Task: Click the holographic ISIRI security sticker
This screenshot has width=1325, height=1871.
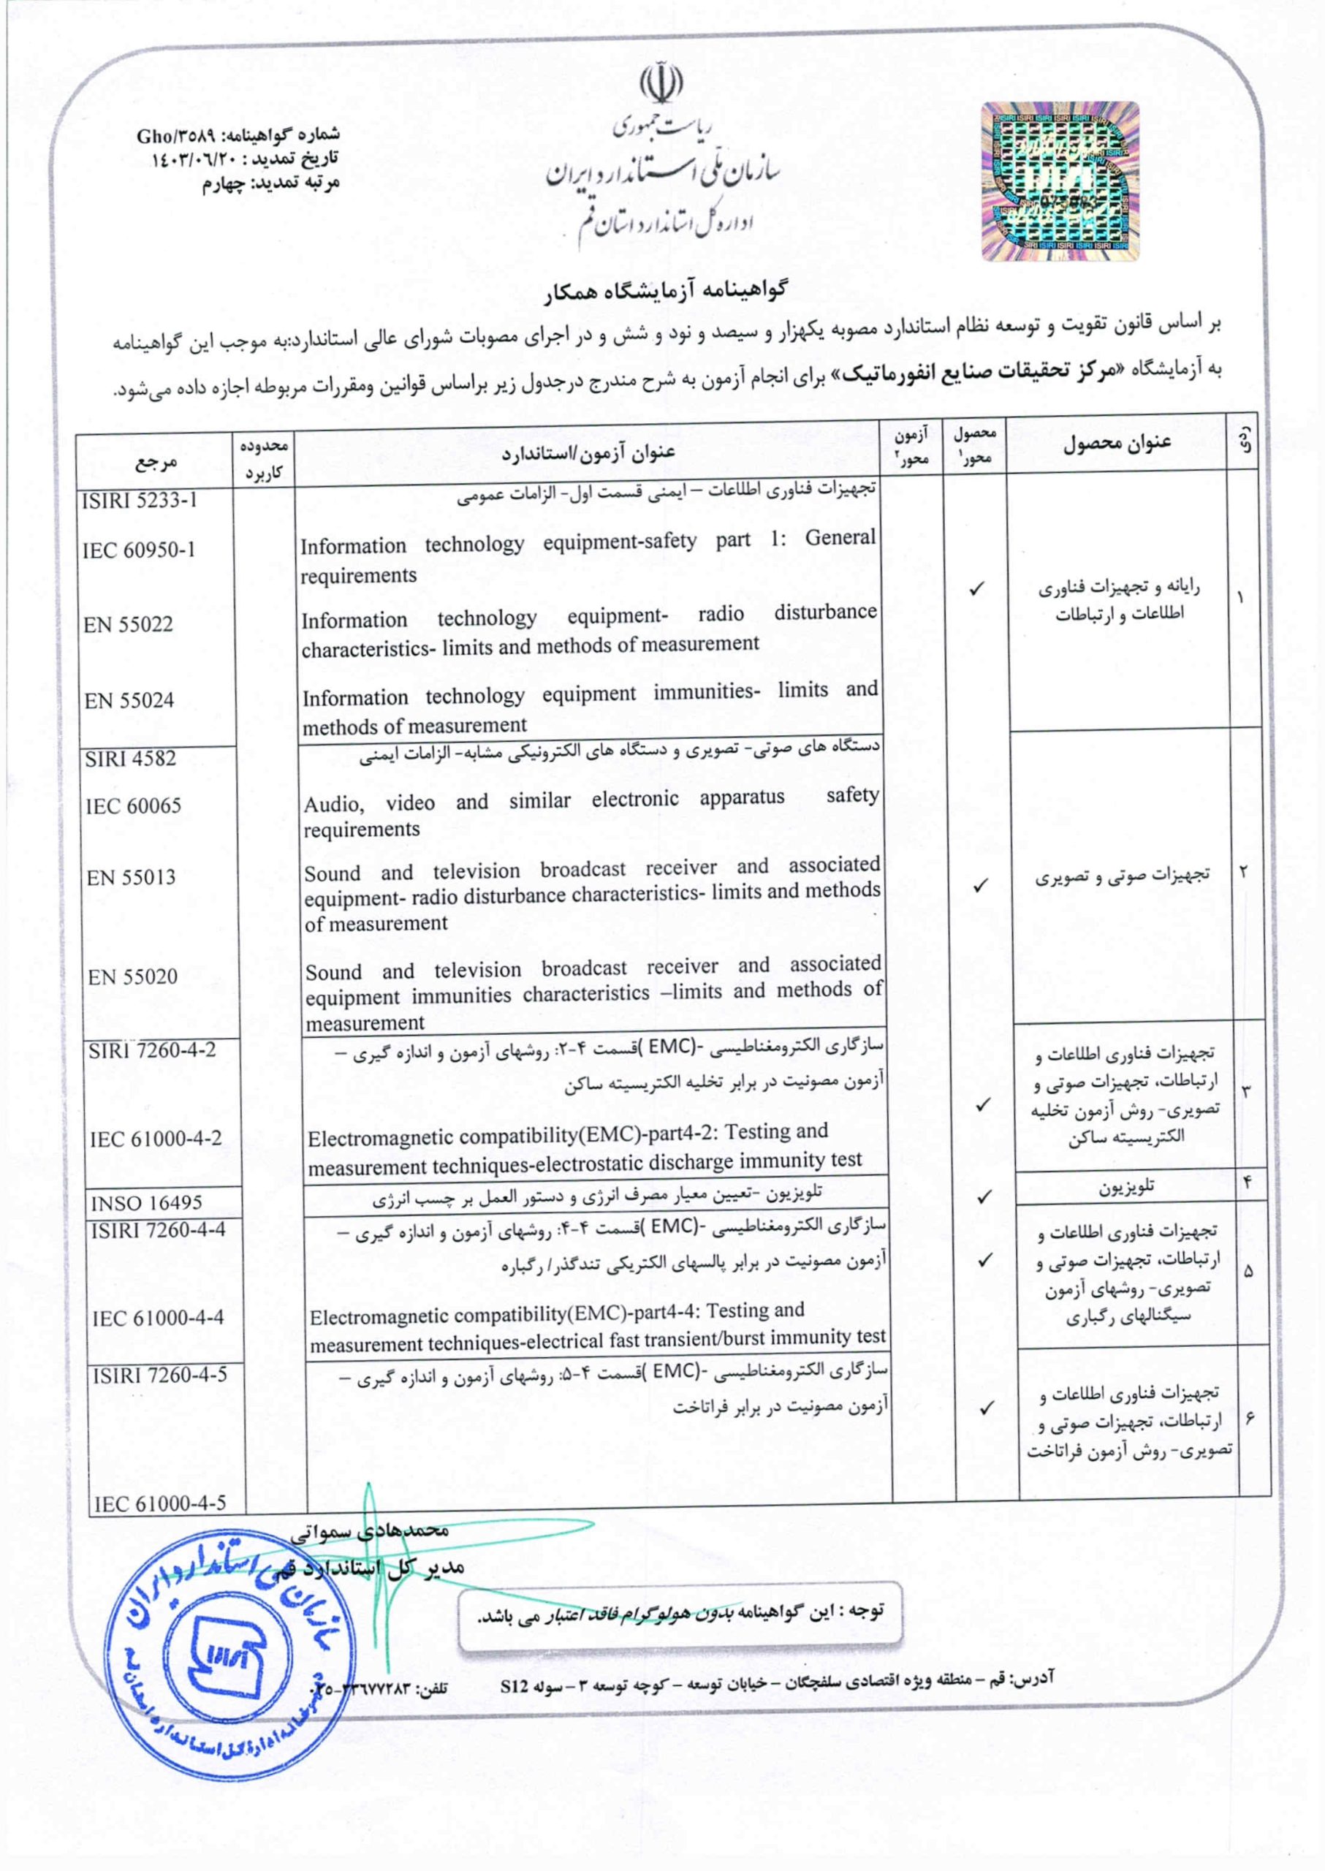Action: click(1060, 181)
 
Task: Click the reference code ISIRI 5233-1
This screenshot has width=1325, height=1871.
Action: click(140, 500)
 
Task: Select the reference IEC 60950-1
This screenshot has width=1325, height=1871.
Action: click(139, 550)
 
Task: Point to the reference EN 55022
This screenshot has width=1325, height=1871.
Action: click(128, 625)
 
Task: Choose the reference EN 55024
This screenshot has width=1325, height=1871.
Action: click(129, 701)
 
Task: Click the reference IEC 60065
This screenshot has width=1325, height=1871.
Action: click(133, 806)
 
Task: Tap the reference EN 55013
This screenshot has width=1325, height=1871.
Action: click(131, 878)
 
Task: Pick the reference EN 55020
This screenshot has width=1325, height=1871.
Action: click(132, 976)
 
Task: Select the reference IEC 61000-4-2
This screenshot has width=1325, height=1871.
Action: click(156, 1138)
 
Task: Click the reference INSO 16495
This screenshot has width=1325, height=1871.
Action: click(147, 1203)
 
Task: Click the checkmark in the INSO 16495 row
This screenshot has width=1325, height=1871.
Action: click(984, 1197)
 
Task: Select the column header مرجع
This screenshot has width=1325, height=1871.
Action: click(156, 463)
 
